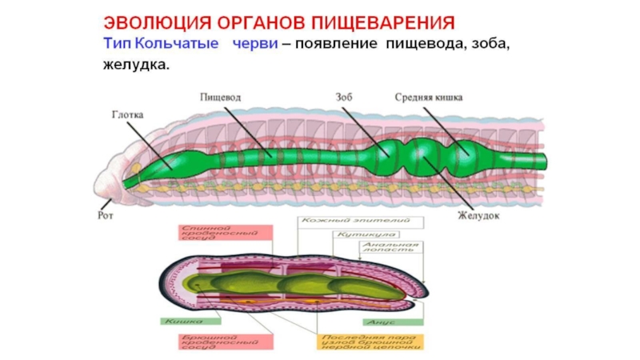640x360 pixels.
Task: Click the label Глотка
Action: pyautogui.click(x=127, y=114)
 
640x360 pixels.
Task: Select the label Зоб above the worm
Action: pyautogui.click(x=345, y=98)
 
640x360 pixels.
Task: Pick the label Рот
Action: pyautogui.click(x=105, y=214)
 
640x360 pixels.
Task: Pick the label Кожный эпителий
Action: pyautogui.click(x=355, y=219)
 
